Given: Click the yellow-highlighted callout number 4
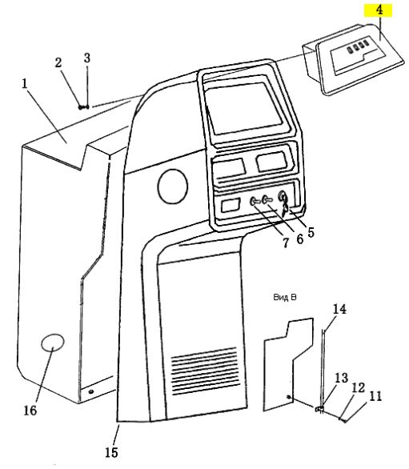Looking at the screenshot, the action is click(x=379, y=10).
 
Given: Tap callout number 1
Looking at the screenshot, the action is click(x=25, y=83).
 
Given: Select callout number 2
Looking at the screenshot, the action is click(x=58, y=62).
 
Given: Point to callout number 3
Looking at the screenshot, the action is click(x=86, y=58).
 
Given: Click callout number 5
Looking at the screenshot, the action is click(x=311, y=232).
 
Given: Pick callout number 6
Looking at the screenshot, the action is click(x=299, y=239).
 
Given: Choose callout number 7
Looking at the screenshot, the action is click(x=287, y=243).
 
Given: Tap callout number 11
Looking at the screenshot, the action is click(x=376, y=396).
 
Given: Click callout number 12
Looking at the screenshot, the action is click(x=359, y=387).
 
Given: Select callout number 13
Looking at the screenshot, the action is click(x=342, y=378).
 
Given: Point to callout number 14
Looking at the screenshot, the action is click(x=339, y=309).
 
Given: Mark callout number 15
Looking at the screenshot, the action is click(x=111, y=452).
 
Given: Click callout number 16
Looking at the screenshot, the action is click(x=30, y=411).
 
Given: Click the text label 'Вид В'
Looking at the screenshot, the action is click(x=285, y=297).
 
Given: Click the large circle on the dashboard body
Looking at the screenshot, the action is click(x=173, y=186).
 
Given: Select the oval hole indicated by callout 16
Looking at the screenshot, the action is click(x=52, y=343).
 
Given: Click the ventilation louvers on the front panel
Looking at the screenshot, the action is click(x=205, y=371).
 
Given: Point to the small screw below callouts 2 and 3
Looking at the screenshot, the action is click(x=84, y=106).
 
